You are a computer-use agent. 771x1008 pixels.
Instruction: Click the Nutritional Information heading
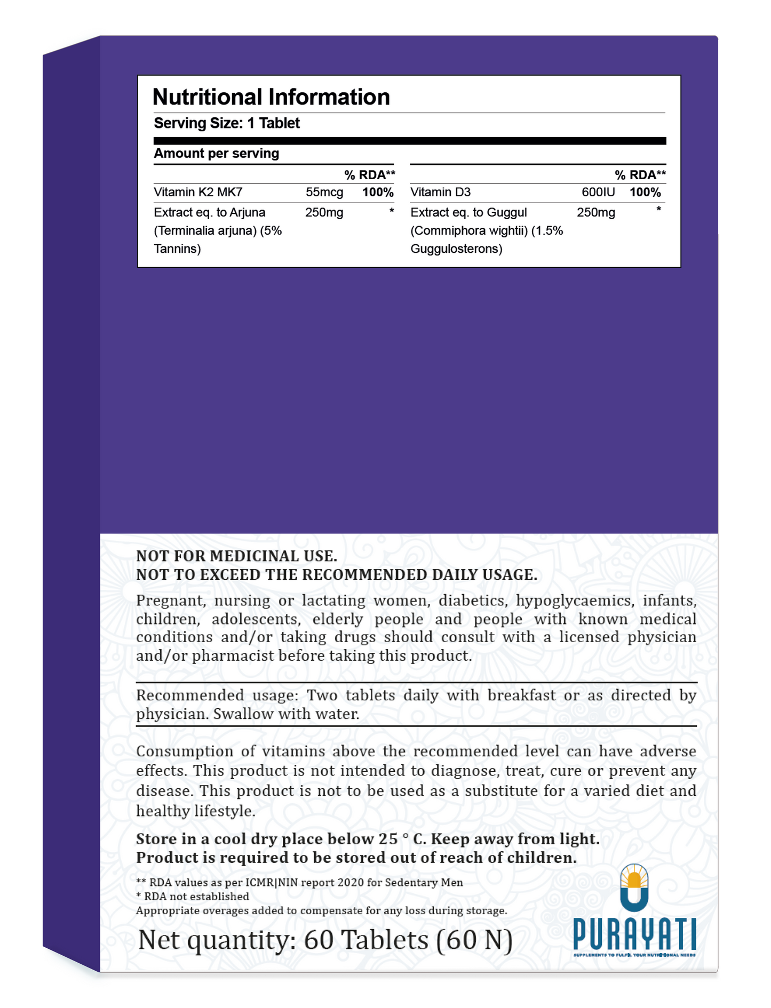[271, 97]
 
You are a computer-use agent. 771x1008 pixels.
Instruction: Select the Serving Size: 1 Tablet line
[227, 123]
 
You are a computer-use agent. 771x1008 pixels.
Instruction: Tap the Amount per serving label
[216, 154]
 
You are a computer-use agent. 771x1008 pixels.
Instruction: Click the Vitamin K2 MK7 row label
[198, 192]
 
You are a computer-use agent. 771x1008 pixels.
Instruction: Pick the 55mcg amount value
[324, 192]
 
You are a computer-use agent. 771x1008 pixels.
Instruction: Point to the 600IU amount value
[598, 192]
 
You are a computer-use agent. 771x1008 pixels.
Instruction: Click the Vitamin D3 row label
[440, 192]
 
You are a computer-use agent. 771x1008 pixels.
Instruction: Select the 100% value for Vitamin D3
[645, 192]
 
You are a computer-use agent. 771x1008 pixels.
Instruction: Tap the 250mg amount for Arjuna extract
[324, 213]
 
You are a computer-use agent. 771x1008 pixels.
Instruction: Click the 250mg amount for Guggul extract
[595, 213]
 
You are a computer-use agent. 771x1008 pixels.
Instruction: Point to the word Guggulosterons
[456, 249]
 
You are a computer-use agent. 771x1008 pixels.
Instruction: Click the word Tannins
[177, 249]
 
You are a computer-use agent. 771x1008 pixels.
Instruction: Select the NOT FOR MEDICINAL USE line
[236, 556]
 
